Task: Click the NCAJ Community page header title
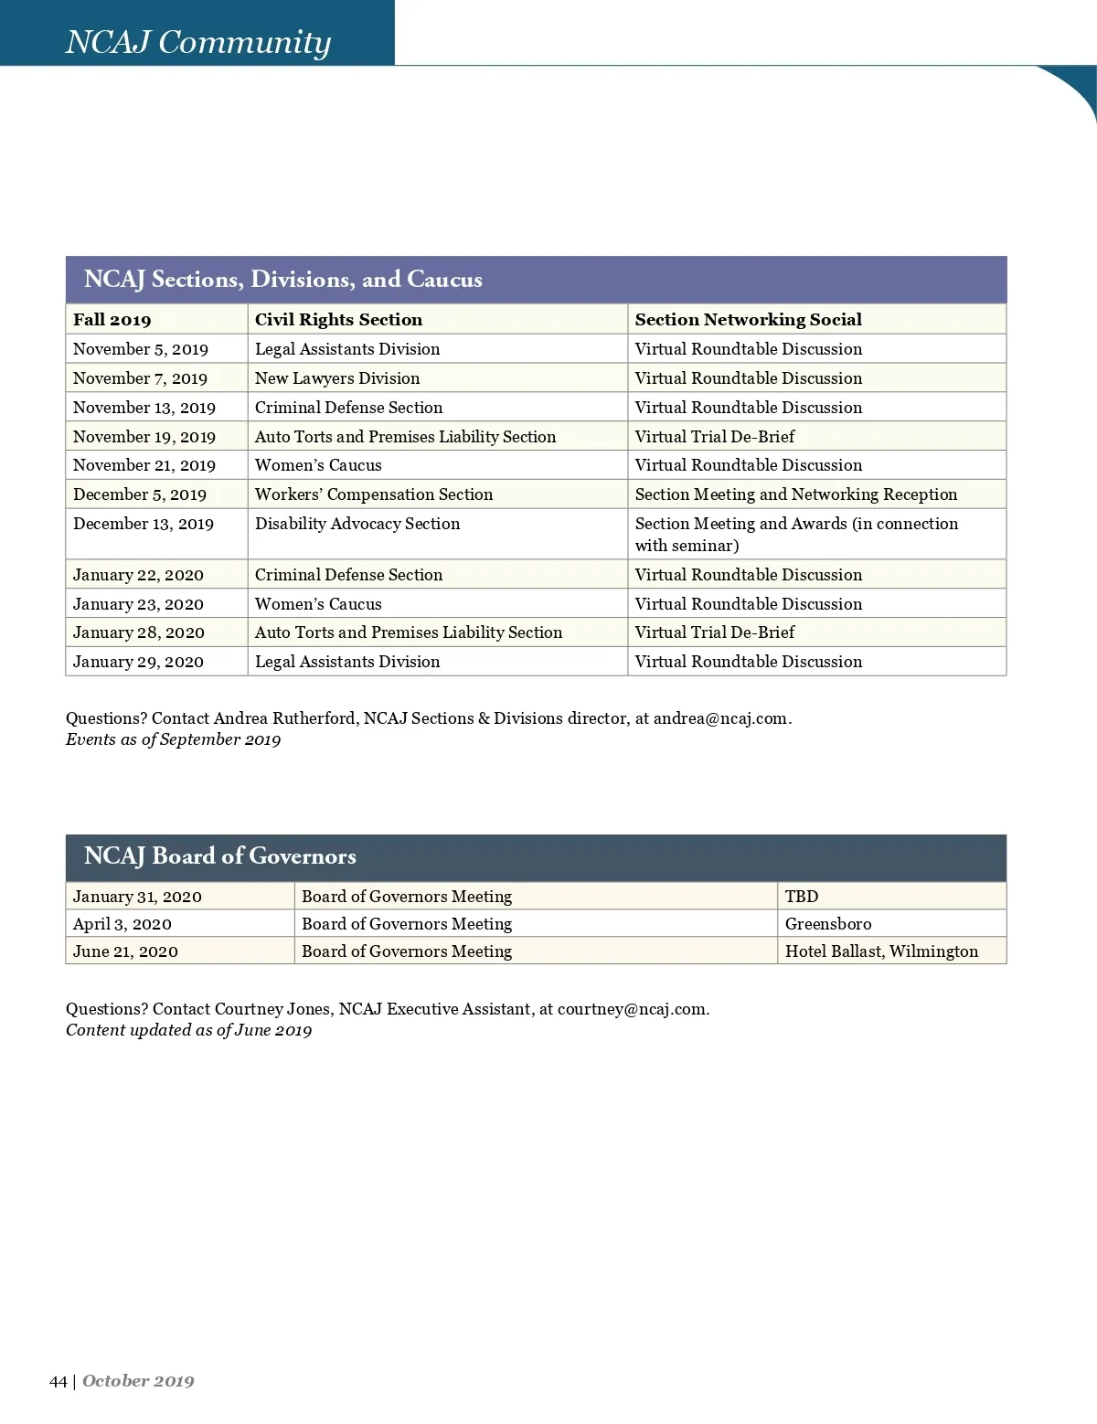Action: pos(197,42)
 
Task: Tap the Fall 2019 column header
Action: pos(112,319)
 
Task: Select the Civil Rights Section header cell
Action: pos(338,319)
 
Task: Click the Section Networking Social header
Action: pos(748,319)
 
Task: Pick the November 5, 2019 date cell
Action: pos(141,349)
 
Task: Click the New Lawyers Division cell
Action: pos(337,378)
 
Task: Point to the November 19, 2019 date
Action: pos(144,437)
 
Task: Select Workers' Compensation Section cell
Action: pos(374,494)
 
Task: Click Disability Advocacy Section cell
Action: pos(357,524)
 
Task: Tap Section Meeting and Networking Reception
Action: pos(796,494)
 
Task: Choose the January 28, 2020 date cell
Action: pos(139,632)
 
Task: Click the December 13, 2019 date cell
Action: pos(144,524)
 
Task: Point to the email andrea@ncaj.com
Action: pos(720,718)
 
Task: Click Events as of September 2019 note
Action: pos(173,739)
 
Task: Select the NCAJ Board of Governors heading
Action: pos(220,856)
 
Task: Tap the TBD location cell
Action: pos(802,897)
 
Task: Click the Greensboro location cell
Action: pos(828,924)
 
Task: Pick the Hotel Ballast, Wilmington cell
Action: pos(881,951)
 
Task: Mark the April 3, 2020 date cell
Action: pos(122,924)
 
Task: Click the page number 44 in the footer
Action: pos(59,1381)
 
